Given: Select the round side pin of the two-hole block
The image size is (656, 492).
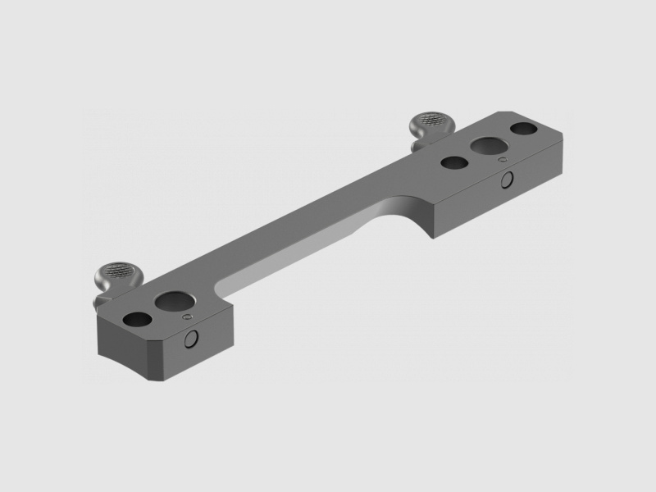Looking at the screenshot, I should click(194, 339).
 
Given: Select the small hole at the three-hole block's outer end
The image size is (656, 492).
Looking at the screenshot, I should click(523, 129).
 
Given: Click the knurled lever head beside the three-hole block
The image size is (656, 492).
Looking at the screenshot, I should click(431, 124).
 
